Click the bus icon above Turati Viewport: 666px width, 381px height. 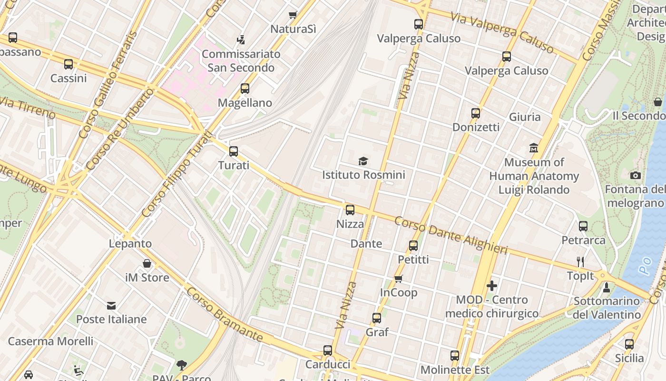coord(233,151)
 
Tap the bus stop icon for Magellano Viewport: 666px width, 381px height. coord(245,89)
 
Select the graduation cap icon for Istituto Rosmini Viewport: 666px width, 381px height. coord(363,161)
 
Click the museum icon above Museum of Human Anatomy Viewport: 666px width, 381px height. coord(534,148)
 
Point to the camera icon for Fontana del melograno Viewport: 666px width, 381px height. coord(635,176)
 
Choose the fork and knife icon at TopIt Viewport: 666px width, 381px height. coord(580,261)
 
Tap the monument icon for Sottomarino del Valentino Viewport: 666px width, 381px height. coord(607,287)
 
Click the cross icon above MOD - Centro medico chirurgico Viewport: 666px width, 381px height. coord(492,286)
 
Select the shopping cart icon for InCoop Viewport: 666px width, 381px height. coord(399,279)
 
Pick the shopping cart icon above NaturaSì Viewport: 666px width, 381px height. coord(293,15)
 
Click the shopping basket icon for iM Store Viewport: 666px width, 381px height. coord(147,263)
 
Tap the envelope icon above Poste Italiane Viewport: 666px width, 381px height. coord(111,305)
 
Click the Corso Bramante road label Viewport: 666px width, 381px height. coord(224,314)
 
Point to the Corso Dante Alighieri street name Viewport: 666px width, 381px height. coord(451,235)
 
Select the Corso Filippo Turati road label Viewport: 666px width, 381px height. coord(176,174)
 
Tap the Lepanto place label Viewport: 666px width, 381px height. coord(130,244)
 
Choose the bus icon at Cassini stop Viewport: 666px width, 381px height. coord(69,64)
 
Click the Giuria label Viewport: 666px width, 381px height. coord(525,117)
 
